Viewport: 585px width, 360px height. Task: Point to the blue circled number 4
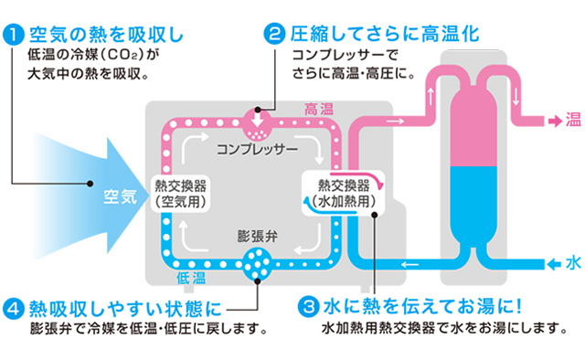click(x=14, y=306)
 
